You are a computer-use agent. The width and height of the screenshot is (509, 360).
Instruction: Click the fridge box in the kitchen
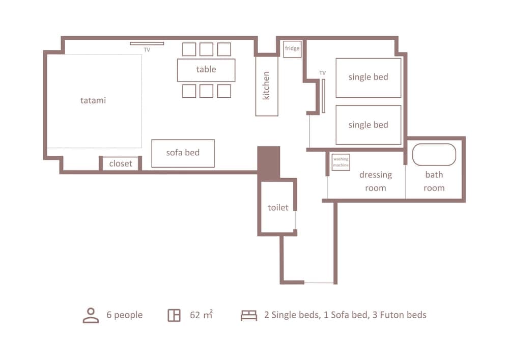point(292,49)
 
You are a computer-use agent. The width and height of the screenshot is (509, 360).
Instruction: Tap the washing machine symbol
point(341,162)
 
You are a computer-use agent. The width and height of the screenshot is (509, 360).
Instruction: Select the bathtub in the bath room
point(434,155)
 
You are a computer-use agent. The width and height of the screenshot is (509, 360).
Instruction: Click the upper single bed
point(368,77)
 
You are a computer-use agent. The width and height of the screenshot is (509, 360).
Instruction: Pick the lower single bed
point(368,125)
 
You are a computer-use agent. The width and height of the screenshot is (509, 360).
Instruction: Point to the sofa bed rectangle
point(183,153)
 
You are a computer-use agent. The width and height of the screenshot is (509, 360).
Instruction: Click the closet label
point(121,163)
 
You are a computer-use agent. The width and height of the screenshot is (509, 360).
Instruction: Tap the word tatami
point(93,100)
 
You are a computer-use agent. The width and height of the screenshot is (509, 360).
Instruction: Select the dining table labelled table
point(206,70)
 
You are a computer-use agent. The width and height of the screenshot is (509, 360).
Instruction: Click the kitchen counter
point(267,86)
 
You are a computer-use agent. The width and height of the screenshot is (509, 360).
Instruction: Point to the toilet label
point(278,207)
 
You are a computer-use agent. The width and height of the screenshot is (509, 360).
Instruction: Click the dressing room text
point(376,181)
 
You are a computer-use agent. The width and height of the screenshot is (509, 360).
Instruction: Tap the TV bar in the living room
point(147,44)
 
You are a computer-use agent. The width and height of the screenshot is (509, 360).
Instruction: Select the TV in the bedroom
point(323,96)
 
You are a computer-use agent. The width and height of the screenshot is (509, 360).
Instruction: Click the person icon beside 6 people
point(91,315)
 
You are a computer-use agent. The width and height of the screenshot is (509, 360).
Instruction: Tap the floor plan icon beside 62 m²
point(174,315)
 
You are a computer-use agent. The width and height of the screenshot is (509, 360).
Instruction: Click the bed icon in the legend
point(249,315)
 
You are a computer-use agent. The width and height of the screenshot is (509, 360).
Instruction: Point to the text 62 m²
point(201,315)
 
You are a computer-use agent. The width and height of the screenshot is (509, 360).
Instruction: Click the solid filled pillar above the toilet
point(268,162)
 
